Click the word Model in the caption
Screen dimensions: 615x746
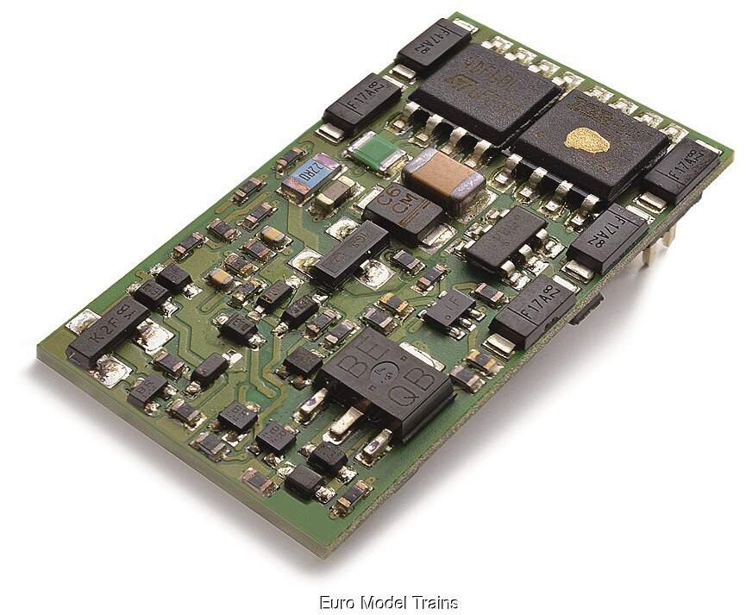(x=382, y=602)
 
